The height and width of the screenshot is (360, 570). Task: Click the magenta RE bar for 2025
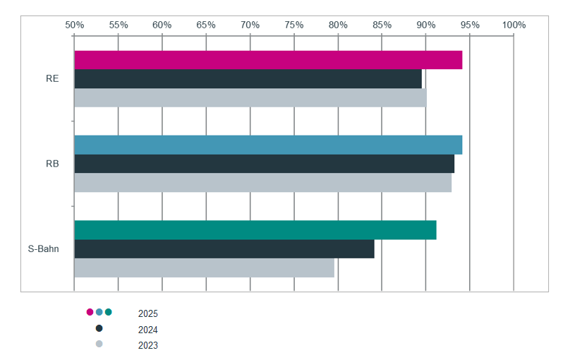point(268,60)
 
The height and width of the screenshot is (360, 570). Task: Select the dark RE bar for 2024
point(248,78)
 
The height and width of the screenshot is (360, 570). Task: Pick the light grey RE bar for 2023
point(250,97)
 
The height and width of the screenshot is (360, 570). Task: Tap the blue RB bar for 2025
point(268,145)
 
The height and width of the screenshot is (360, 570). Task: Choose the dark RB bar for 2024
point(265,164)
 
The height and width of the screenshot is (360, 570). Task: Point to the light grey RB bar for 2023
point(263,183)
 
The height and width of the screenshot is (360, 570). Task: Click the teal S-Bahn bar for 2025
point(255,230)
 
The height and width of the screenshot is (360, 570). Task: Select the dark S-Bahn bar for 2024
point(224,249)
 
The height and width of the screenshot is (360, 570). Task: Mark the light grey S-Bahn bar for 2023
point(205,268)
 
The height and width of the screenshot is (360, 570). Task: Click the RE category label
point(52,79)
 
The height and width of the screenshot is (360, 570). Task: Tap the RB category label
point(52,164)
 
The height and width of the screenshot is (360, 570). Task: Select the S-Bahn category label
point(43,249)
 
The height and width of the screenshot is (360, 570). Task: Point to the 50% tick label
point(75,25)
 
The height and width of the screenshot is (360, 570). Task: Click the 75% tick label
point(294,25)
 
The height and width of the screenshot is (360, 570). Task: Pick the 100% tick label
point(514,25)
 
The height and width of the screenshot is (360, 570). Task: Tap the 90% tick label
point(426,25)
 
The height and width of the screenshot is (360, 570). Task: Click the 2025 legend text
point(148,313)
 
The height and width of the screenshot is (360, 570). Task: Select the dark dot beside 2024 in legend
point(99,328)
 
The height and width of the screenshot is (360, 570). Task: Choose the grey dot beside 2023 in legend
point(99,344)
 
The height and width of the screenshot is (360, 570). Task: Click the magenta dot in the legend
point(90,312)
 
